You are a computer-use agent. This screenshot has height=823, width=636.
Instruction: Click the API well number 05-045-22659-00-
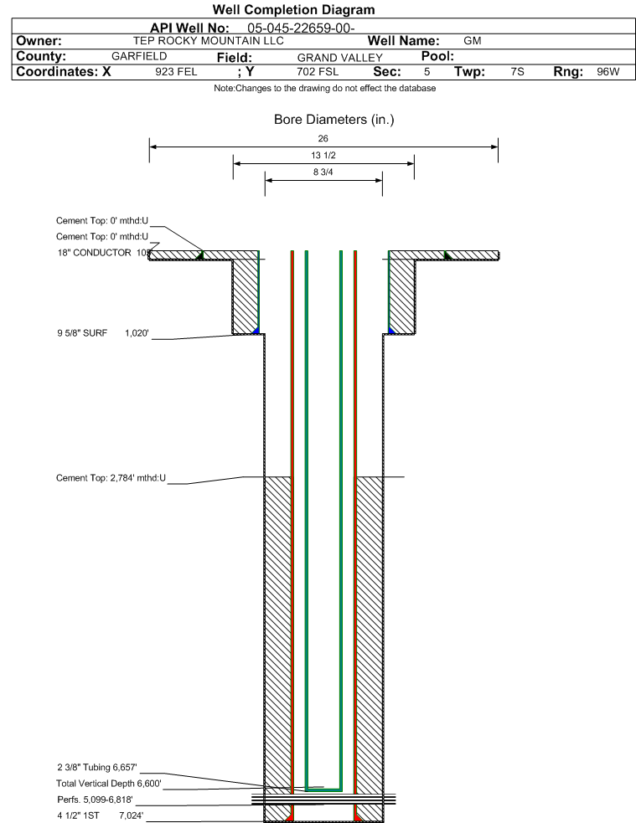[x=301, y=28]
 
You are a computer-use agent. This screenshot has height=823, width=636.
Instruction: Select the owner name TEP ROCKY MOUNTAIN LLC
[x=209, y=41]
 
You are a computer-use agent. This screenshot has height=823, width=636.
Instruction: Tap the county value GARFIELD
[x=139, y=56]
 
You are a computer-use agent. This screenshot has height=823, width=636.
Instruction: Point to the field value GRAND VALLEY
[x=340, y=58]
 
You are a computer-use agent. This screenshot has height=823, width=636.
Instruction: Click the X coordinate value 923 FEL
[x=176, y=72]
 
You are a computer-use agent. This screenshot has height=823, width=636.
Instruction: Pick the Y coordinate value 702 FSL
[x=318, y=72]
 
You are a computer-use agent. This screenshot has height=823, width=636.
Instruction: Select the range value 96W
[x=608, y=72]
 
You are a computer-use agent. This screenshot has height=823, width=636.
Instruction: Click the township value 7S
[x=517, y=72]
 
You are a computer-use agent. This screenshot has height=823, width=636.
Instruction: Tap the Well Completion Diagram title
[x=293, y=9]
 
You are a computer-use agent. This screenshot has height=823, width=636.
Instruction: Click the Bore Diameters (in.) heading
[x=334, y=120]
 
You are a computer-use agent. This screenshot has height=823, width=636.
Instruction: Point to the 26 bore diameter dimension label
[x=323, y=139]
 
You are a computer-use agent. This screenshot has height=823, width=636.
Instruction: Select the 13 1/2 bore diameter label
[x=323, y=156]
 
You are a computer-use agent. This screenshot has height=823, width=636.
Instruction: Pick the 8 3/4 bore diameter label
[x=323, y=172]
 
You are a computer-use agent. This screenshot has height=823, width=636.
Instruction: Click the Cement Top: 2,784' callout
[x=111, y=477]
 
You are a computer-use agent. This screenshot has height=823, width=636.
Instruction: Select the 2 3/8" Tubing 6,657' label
[x=97, y=768]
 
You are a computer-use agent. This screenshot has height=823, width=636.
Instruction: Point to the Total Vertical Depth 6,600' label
[x=109, y=784]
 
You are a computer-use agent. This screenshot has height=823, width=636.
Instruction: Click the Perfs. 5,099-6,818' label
[x=95, y=800]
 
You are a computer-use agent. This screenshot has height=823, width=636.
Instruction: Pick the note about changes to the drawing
[x=324, y=88]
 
